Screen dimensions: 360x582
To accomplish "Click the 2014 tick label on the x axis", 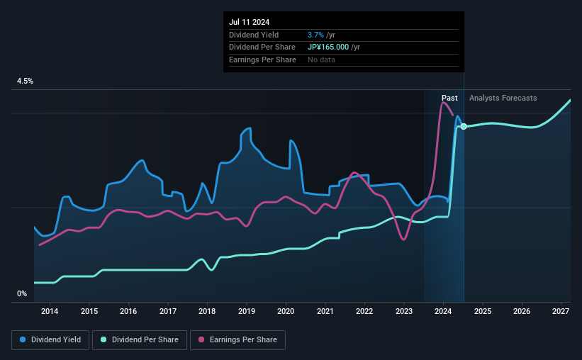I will (x=50, y=311).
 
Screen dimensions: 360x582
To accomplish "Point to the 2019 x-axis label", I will (x=246, y=311).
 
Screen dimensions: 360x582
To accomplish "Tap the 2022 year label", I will (x=364, y=311).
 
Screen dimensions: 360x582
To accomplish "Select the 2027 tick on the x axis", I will (x=561, y=311).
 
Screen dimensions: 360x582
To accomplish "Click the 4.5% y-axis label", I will (x=25, y=81).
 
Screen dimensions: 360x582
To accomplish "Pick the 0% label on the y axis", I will (x=22, y=293).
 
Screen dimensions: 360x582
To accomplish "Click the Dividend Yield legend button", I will (x=50, y=340).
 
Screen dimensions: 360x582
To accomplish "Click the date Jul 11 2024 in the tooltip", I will (x=249, y=22).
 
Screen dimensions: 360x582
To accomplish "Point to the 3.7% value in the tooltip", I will (x=315, y=35).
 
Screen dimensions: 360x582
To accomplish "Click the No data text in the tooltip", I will (x=321, y=60).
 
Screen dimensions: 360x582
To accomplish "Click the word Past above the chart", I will (x=449, y=98).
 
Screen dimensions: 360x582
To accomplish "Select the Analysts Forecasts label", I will (x=503, y=98).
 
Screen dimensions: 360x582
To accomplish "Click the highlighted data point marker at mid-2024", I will (x=464, y=126).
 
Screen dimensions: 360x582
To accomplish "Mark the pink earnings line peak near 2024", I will (x=444, y=103).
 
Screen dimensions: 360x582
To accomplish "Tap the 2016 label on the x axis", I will (x=128, y=311).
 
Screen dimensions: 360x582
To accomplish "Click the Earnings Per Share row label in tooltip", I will (x=262, y=60).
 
